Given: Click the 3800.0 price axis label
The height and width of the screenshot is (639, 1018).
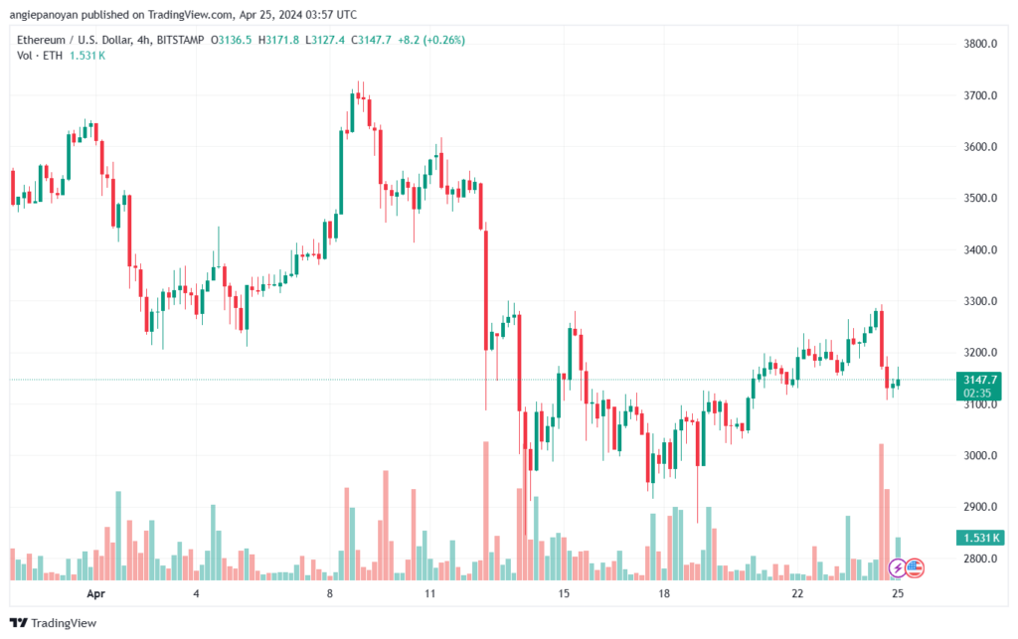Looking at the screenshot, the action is [x=979, y=44].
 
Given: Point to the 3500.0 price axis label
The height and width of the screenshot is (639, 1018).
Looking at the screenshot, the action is [x=979, y=198].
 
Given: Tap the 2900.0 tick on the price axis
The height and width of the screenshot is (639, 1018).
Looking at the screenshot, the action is [x=979, y=507].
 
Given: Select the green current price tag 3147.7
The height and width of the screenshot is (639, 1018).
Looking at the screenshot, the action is [x=979, y=386].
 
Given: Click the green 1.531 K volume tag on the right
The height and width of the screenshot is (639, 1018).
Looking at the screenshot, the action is [x=980, y=538].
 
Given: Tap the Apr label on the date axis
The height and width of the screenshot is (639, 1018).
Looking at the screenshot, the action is [x=95, y=593].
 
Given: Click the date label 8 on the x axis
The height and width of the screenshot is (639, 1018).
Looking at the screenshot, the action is [x=330, y=593].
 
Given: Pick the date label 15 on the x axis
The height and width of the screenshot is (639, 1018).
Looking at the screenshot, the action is [x=564, y=593].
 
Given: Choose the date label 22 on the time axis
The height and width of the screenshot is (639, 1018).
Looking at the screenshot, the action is [x=797, y=593].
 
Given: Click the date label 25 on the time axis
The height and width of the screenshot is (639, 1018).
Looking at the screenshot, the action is [x=898, y=593].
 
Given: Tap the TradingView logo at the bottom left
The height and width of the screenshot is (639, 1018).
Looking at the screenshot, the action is [x=54, y=623].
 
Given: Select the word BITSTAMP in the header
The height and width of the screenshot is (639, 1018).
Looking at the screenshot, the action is [x=181, y=40].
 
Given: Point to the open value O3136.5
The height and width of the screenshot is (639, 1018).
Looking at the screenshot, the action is [x=231, y=40].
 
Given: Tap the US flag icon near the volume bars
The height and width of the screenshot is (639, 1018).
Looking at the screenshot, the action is [x=915, y=568].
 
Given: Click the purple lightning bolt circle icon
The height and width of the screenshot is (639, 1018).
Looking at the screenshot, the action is [x=898, y=568].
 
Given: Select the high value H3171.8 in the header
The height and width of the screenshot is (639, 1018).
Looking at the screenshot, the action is [x=278, y=40].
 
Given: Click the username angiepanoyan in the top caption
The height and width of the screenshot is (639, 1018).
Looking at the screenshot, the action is [x=44, y=15].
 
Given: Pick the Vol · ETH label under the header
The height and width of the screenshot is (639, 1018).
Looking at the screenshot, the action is [x=40, y=56].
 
